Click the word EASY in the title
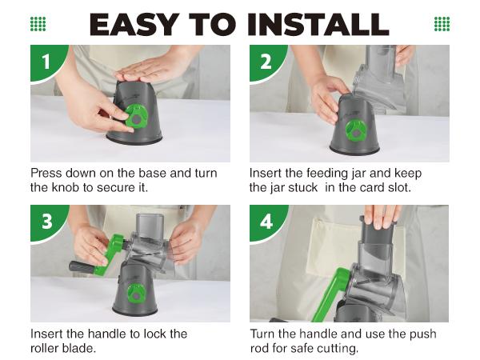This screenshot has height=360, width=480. [x=134, y=25]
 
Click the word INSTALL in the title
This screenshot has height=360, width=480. [x=318, y=25]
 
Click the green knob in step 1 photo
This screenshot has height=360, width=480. [x=137, y=116]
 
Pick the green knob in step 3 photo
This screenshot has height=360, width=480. [x=137, y=294]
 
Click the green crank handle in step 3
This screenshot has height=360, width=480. [x=109, y=255]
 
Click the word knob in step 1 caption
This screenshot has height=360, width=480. [x=65, y=187]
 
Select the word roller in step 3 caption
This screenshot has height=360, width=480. [x=44, y=348]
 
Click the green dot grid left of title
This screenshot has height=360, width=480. [x=38, y=24]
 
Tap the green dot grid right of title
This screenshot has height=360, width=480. [x=442, y=24]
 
